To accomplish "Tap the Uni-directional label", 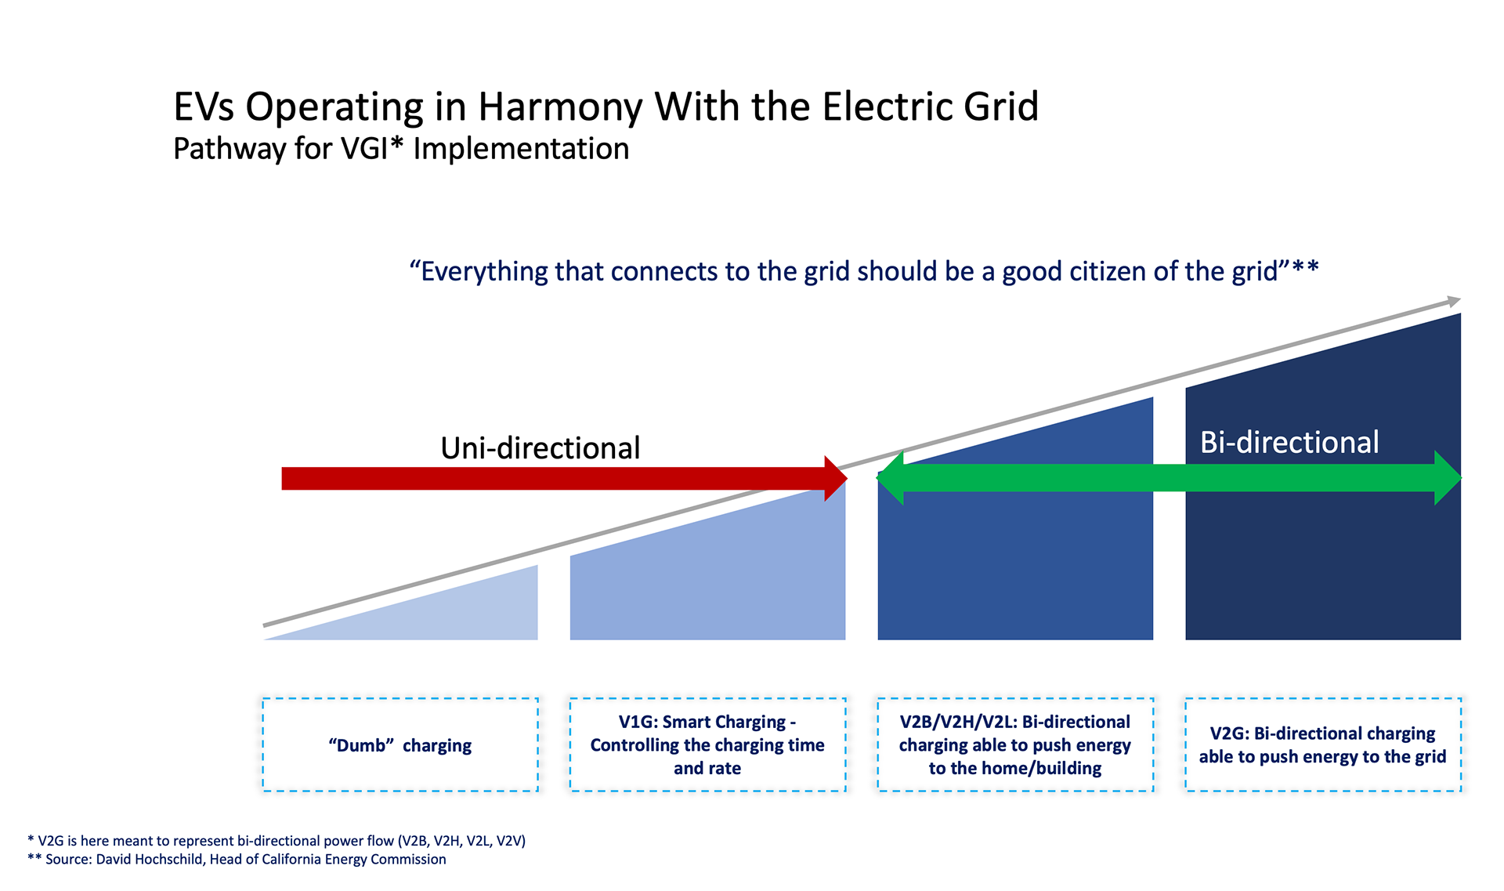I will pyautogui.click(x=540, y=448).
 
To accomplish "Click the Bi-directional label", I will pyautogui.click(x=1289, y=443).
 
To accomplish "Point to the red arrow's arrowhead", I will pyautogui.click(x=835, y=478).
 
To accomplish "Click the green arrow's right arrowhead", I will pyautogui.click(x=1447, y=477).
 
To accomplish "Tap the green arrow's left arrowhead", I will pyautogui.click(x=891, y=477).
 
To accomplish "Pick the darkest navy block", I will pyautogui.click(x=1323, y=564).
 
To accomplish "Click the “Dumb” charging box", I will pyautogui.click(x=400, y=745).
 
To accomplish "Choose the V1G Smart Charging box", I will pyautogui.click(x=707, y=745).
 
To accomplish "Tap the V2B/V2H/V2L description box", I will pyautogui.click(x=1014, y=745).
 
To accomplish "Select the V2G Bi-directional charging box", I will pyautogui.click(x=1322, y=745).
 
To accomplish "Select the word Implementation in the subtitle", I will pyautogui.click(x=521, y=149).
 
